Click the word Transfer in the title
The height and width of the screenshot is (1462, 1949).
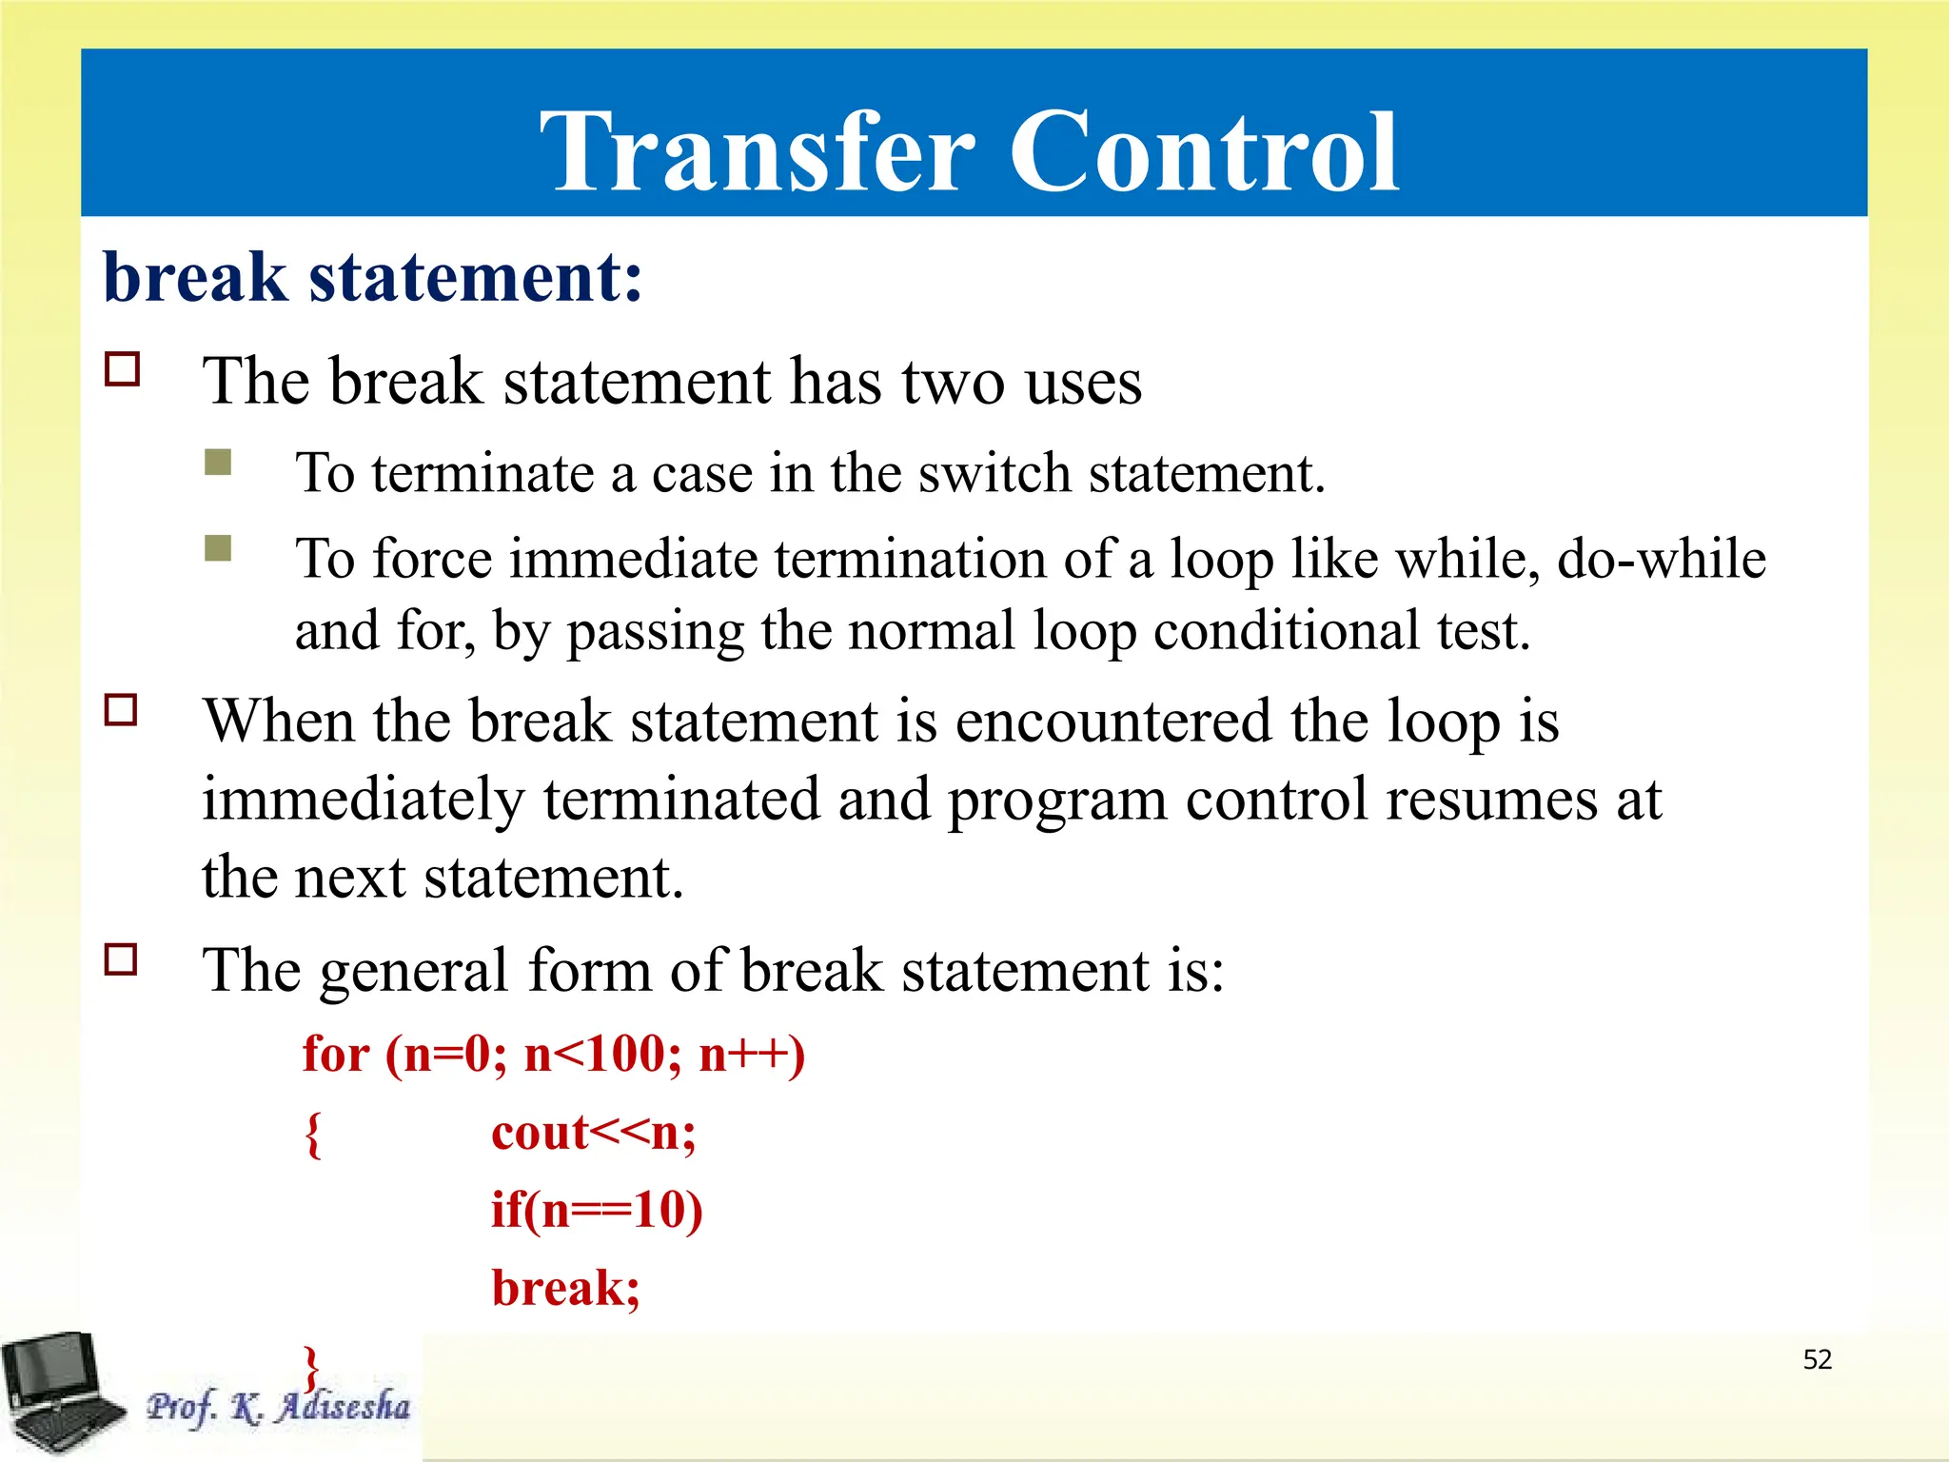coord(758,152)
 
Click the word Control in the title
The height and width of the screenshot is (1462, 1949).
coord(1203,152)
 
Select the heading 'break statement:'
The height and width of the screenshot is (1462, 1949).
coord(372,278)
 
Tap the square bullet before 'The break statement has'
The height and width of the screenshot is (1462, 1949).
coord(122,369)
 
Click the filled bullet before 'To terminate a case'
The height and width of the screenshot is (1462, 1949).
coord(218,463)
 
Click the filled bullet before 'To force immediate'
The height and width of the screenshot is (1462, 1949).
coord(218,548)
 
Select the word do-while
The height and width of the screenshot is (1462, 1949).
coord(1661,559)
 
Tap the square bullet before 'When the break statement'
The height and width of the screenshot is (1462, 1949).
coord(121,710)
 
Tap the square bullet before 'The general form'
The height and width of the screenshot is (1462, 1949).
coord(121,959)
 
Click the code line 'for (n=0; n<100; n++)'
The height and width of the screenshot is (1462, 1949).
coord(553,1055)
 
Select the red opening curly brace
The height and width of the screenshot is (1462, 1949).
coord(313,1135)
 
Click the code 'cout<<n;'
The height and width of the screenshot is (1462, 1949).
coord(593,1133)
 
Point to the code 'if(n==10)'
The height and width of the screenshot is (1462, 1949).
coord(596,1211)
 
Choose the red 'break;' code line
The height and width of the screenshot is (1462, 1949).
coord(565,1289)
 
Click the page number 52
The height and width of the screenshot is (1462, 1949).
coord(1817,1359)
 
